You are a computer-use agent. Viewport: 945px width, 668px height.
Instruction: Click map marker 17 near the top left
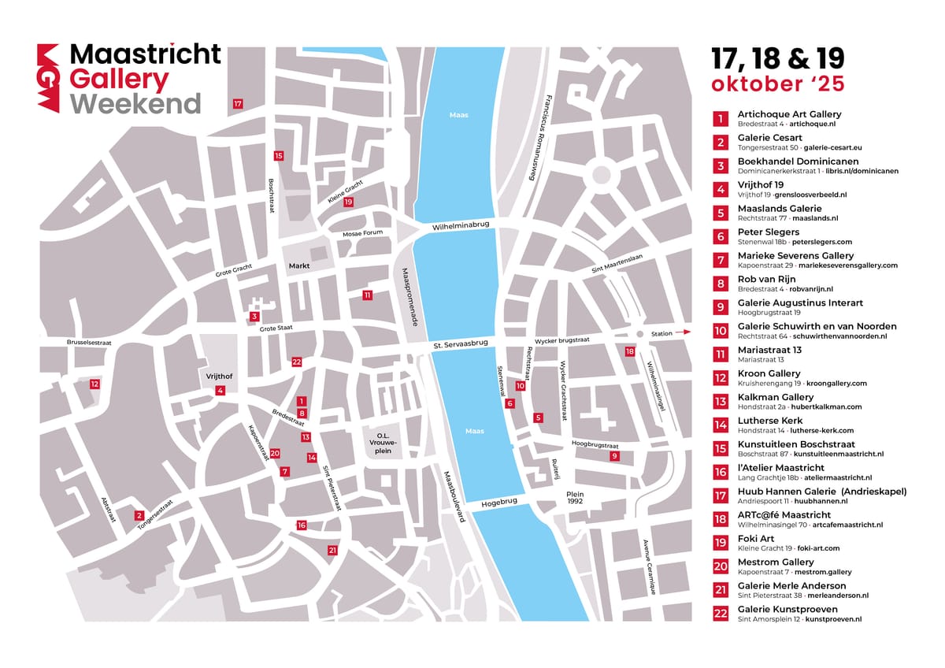pos(238,104)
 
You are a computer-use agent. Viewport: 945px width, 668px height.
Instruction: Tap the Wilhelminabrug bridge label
pos(461,225)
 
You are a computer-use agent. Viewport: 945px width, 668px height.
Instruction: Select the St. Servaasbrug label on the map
pos(461,345)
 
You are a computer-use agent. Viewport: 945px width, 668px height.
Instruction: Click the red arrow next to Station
pos(684,333)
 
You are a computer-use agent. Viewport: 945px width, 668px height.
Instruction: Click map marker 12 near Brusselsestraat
pos(94,384)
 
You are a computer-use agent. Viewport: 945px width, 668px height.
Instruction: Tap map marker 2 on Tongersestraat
pos(139,515)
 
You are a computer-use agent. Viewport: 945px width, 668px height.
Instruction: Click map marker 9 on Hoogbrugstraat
pos(614,456)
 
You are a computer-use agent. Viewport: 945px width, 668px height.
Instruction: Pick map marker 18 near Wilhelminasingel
pos(629,351)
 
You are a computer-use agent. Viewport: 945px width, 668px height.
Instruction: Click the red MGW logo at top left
pos(49,78)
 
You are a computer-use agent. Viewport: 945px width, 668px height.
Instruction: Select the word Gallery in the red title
pos(119,80)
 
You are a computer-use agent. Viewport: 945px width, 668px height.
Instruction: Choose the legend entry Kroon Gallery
pos(769,373)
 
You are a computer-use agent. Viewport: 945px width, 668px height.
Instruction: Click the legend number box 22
pos(721,614)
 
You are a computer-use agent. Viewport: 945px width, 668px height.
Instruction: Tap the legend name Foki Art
pos(756,539)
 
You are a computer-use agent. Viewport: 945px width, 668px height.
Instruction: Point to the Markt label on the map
pos(299,265)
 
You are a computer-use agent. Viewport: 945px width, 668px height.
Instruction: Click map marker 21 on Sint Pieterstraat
pos(332,551)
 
